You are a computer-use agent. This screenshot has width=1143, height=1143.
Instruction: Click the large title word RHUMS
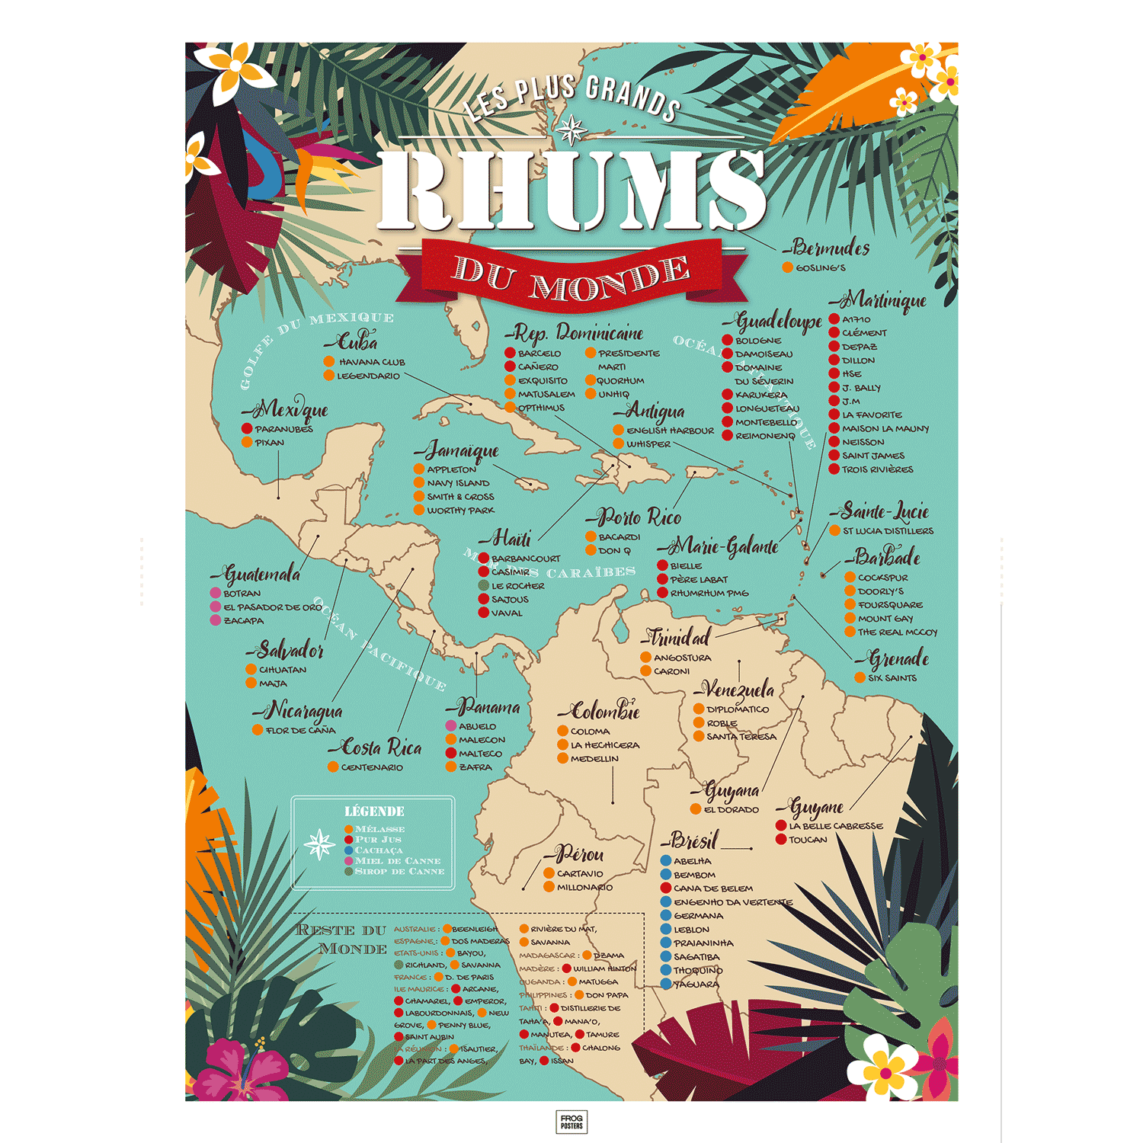(571, 190)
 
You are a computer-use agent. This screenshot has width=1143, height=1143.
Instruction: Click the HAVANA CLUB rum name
(371, 362)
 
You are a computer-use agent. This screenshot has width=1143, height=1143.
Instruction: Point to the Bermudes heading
(829, 248)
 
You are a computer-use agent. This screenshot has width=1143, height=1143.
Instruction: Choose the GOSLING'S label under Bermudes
(821, 268)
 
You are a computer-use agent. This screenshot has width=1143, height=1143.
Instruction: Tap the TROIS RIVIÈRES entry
(877, 469)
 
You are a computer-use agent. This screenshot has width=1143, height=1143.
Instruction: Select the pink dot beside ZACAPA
(216, 620)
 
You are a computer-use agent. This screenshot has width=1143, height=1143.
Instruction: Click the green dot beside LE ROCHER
(483, 586)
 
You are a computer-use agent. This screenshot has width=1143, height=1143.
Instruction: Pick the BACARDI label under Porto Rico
(619, 537)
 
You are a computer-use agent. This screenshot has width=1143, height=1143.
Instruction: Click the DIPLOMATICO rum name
(737, 709)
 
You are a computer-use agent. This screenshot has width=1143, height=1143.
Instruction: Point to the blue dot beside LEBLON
(665, 930)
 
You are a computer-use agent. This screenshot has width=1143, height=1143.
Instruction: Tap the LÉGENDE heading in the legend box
(374, 812)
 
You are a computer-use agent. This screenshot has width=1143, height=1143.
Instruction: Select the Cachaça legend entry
(378, 850)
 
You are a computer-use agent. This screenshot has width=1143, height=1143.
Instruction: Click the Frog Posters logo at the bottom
(571, 1122)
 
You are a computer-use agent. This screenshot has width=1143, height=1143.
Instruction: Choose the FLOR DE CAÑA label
(300, 731)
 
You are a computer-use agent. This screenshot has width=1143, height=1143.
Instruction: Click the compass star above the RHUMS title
(571, 131)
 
